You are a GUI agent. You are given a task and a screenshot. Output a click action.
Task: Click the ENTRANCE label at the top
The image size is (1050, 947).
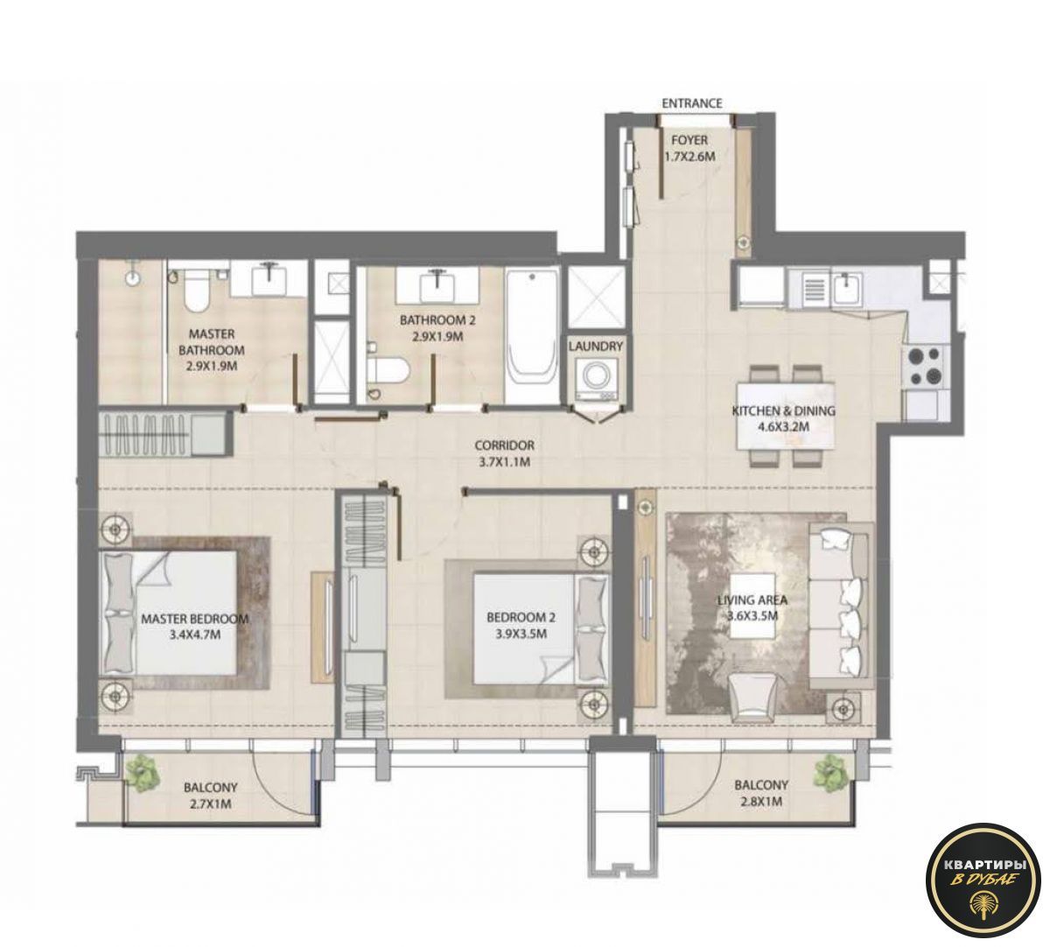691,103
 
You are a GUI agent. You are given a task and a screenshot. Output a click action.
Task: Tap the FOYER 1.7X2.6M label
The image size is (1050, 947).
689,149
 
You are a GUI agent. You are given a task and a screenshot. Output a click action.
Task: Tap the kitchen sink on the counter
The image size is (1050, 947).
845,289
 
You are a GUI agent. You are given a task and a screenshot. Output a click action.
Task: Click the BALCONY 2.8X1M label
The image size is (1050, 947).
760,793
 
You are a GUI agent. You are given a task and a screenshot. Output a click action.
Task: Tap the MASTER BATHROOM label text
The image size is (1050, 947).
211,350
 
